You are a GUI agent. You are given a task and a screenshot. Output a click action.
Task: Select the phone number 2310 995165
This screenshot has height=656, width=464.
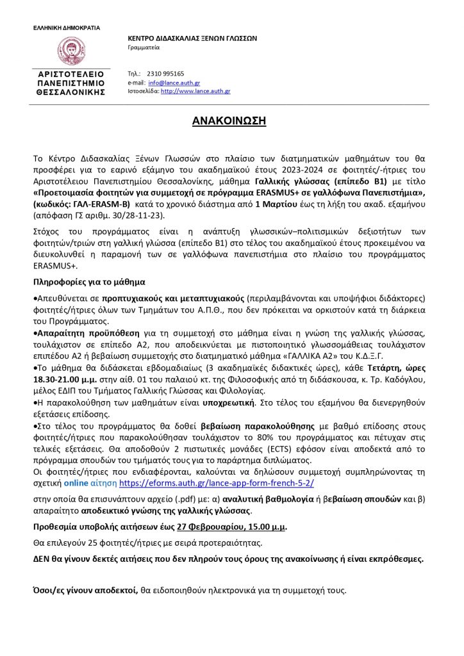pyautogui.click(x=165, y=74)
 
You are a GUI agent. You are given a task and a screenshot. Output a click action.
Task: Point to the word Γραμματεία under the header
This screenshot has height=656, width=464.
pyautogui.click(x=144, y=47)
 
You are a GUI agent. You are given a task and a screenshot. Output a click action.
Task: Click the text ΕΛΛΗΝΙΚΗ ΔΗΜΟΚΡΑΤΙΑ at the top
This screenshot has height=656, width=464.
pyautogui.click(x=67, y=28)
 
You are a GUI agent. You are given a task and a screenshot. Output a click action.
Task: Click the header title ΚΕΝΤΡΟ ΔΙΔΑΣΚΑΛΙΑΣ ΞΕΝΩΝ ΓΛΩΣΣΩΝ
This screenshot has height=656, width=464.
pyautogui.click(x=192, y=38)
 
